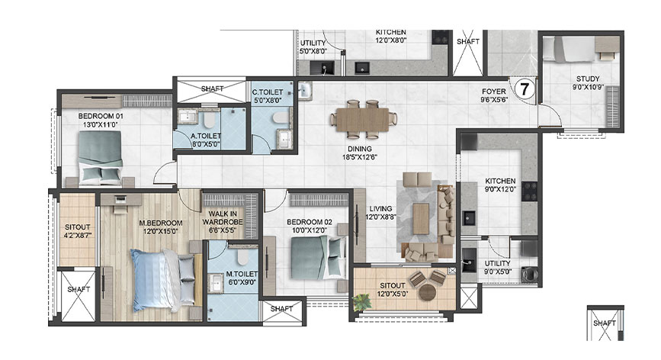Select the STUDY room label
588,79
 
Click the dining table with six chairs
364,118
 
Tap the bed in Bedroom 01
99,157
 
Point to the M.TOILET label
241,273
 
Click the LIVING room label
380,207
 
